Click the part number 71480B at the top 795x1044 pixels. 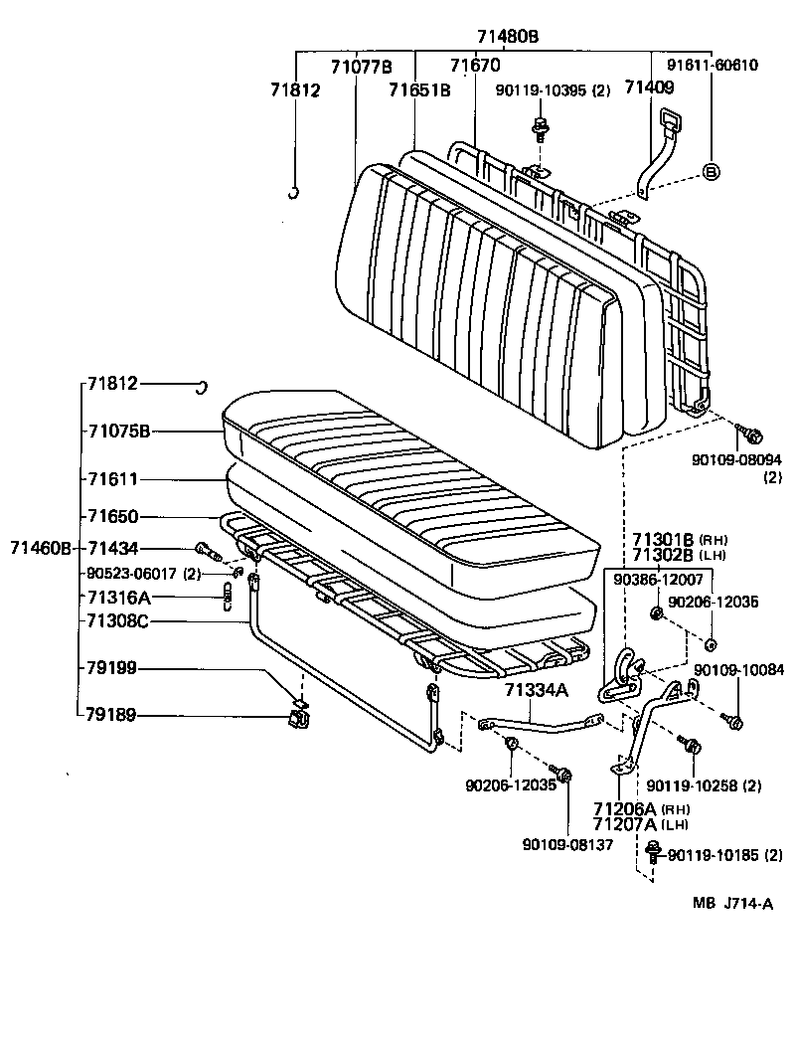[507, 36]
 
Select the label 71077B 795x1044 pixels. [362, 67]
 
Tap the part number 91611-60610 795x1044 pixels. [713, 66]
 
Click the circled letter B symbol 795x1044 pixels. [711, 171]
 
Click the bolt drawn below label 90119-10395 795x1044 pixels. [541, 127]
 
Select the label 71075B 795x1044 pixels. [118, 432]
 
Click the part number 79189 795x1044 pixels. [110, 715]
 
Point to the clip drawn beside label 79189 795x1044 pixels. [298, 714]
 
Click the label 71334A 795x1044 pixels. [537, 689]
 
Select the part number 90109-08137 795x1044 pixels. [567, 844]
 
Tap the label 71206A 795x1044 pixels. [626, 809]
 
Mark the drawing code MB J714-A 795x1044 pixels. [732, 903]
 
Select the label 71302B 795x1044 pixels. [663, 555]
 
